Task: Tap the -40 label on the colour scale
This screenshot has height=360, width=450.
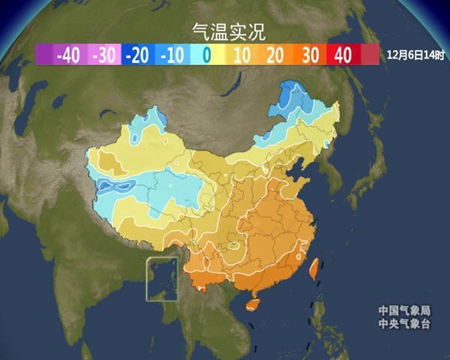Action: tap(68, 55)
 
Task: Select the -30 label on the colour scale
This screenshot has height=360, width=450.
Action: tap(102, 55)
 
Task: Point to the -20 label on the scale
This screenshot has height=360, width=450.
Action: tap(138, 55)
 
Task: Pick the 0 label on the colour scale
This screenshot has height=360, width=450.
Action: tap(206, 55)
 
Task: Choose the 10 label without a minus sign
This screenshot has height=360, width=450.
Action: tap(241, 55)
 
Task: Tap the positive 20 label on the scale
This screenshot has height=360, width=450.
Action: tap(274, 55)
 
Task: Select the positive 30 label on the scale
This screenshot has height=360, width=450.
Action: tap(309, 55)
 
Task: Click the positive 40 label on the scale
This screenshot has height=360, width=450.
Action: tap(343, 55)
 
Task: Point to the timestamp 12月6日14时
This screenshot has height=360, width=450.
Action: tap(415, 55)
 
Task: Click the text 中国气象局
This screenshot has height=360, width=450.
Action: tap(404, 310)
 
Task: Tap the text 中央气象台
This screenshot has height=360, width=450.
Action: tap(404, 324)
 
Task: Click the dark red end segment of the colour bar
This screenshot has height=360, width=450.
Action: tap(369, 55)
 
